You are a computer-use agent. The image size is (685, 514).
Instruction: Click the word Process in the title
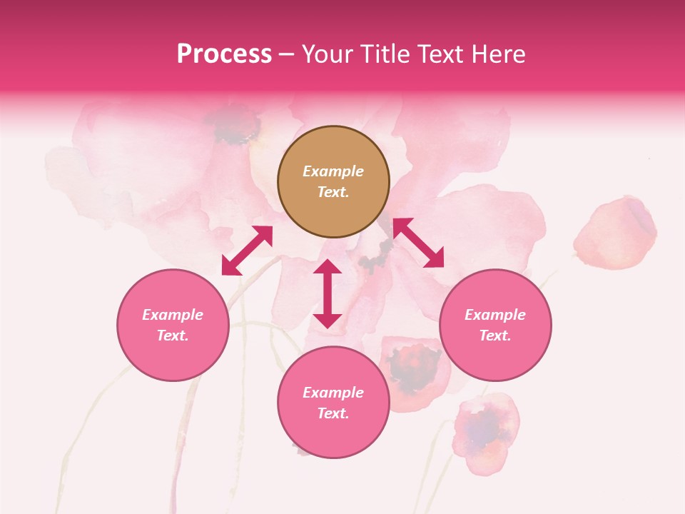(x=224, y=54)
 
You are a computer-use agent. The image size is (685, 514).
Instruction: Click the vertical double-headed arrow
(x=328, y=293)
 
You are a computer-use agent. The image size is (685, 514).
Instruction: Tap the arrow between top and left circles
(x=247, y=251)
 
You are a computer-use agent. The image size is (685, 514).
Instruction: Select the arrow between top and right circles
(x=418, y=243)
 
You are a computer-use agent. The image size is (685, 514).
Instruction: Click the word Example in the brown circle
(x=333, y=171)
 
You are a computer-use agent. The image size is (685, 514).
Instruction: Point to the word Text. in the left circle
(x=173, y=336)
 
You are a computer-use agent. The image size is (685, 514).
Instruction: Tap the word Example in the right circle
(x=495, y=315)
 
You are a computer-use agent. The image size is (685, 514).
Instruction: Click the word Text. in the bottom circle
(x=333, y=413)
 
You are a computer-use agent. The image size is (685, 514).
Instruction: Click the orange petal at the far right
(x=615, y=232)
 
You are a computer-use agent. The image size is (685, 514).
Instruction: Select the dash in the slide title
(x=287, y=54)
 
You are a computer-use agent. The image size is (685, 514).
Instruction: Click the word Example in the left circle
(x=173, y=315)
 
